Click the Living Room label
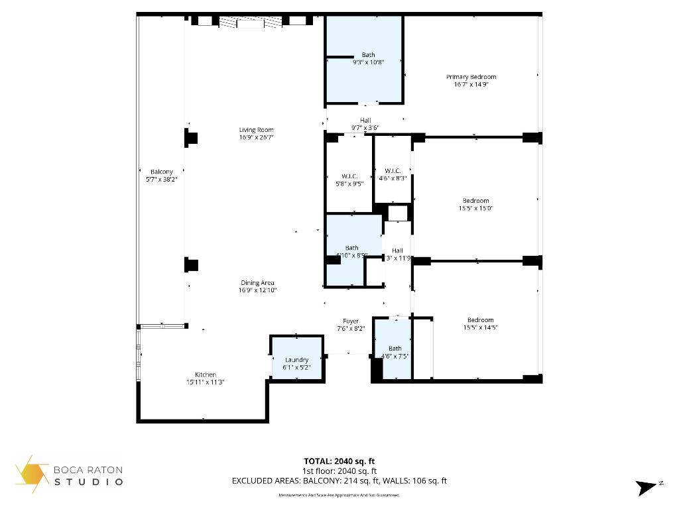[256, 130]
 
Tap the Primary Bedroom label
[471, 77]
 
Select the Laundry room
[296, 360]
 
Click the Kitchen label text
[205, 374]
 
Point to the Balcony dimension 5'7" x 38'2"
[161, 179]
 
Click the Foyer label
[351, 321]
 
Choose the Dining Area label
[257, 283]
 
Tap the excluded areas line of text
[339, 481]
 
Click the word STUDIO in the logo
[89, 482]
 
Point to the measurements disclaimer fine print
[339, 495]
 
